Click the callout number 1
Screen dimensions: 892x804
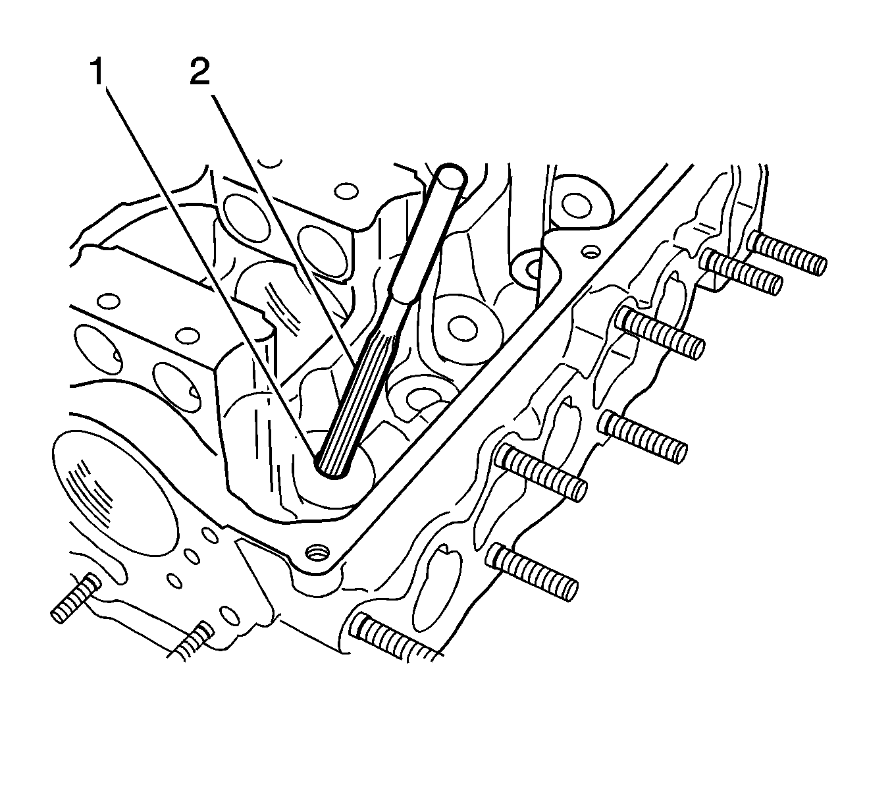[97, 72]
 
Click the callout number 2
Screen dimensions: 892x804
[199, 72]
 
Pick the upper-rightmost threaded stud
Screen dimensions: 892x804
[786, 254]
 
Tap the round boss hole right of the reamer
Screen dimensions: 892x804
[462, 328]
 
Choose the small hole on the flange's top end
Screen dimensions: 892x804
[590, 253]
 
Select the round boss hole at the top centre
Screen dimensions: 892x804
[577, 205]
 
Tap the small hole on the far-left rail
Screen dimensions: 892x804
[108, 301]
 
